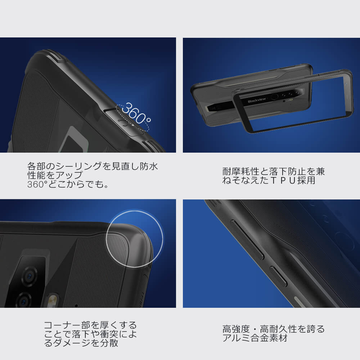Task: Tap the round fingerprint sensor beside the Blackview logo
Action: coord(275,96)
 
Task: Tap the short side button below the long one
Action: coord(278,276)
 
